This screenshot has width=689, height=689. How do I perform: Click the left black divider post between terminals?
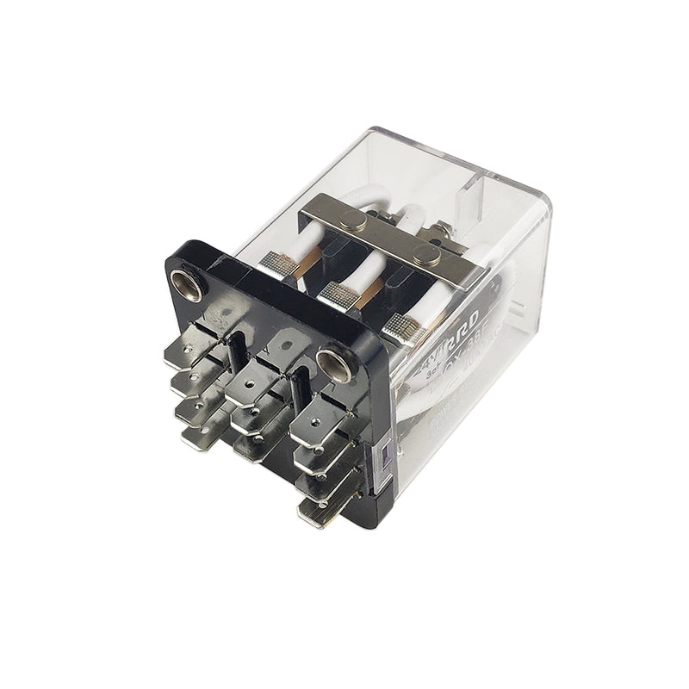pos(234,351)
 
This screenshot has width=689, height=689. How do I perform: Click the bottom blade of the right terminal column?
pos(320,512)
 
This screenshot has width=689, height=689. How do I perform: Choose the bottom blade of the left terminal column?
pos(200,438)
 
